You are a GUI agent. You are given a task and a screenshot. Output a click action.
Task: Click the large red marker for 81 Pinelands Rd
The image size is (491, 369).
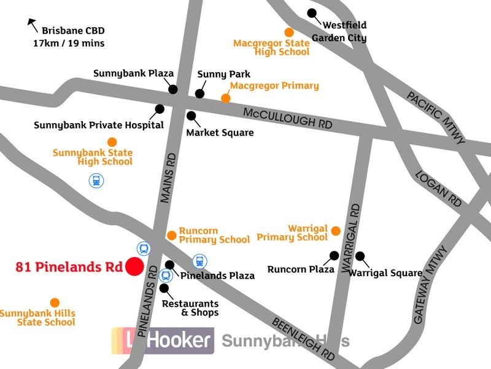(134, 267)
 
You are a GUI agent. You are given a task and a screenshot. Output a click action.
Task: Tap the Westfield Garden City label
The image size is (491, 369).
(339, 31)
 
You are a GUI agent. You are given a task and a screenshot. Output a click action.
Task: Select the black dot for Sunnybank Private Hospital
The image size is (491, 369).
(160, 109)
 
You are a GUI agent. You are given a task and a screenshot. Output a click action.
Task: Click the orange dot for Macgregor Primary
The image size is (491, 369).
(225, 98)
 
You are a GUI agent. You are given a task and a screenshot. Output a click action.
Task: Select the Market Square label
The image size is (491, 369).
(220, 132)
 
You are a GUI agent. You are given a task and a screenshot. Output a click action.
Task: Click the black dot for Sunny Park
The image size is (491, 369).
(199, 93)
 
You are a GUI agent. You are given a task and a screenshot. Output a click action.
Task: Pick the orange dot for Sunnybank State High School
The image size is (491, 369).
(112, 142)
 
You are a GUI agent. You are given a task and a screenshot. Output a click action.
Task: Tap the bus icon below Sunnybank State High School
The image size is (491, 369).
(96, 181)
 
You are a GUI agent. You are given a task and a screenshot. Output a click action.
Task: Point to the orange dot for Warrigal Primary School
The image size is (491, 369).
(336, 231)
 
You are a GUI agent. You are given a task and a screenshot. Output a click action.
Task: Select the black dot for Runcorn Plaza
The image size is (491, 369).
(334, 255)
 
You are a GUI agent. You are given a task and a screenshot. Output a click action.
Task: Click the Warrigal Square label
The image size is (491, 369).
(385, 272)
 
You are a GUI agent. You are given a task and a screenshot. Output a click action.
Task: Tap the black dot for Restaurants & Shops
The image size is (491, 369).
(164, 287)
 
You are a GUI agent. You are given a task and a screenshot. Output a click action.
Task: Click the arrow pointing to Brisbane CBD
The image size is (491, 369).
(32, 25)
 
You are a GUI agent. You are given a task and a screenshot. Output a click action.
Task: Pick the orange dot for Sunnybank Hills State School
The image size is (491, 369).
(55, 303)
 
